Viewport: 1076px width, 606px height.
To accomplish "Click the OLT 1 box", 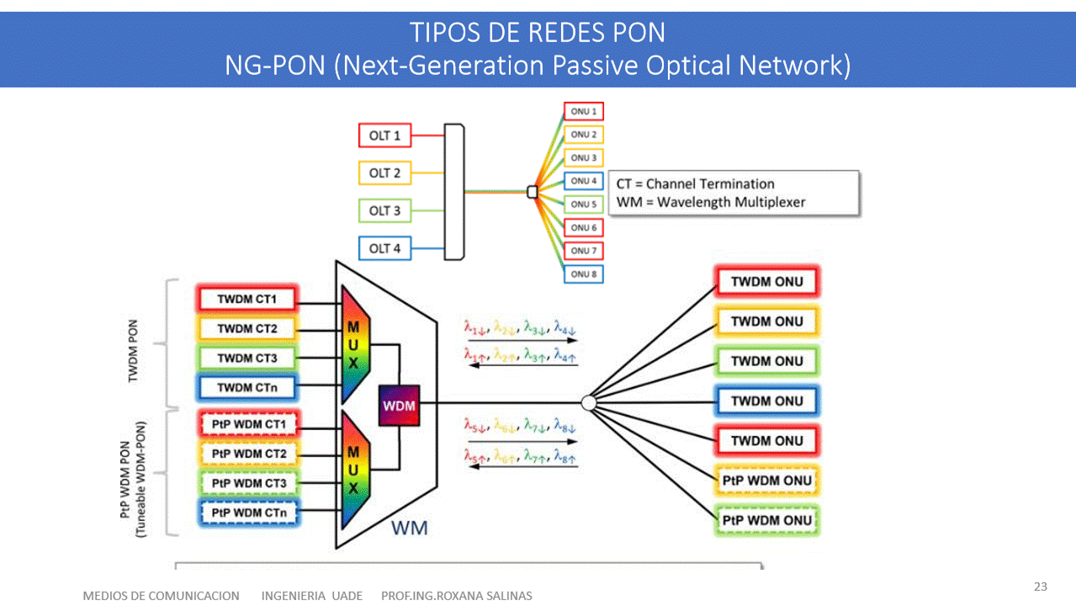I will (x=384, y=135).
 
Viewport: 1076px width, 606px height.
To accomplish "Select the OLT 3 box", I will (x=384, y=210).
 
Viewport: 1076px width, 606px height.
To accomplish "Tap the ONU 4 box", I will (x=583, y=181).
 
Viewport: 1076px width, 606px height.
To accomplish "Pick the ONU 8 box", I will (x=583, y=274).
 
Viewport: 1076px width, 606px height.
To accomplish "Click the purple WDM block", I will (x=399, y=405).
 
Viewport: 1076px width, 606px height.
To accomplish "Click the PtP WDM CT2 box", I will (x=249, y=454).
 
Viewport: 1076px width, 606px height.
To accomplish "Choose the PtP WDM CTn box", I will (x=249, y=512).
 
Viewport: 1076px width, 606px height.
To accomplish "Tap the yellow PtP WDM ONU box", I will (x=766, y=480).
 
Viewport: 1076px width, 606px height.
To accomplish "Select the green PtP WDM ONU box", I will (x=766, y=520).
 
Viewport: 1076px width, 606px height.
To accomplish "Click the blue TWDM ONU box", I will (x=766, y=401).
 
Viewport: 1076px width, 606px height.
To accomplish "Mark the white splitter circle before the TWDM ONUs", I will (x=589, y=404).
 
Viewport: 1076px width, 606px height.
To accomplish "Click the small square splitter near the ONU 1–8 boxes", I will (x=532, y=192).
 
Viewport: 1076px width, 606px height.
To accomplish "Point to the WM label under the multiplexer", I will (x=410, y=528).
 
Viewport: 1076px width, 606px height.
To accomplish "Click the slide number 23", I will (x=1041, y=586).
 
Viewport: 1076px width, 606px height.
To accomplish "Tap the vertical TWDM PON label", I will (x=133, y=352).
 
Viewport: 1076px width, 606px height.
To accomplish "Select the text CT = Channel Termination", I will (x=695, y=183).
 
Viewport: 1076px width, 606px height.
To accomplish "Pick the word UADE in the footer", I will (x=347, y=596).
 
